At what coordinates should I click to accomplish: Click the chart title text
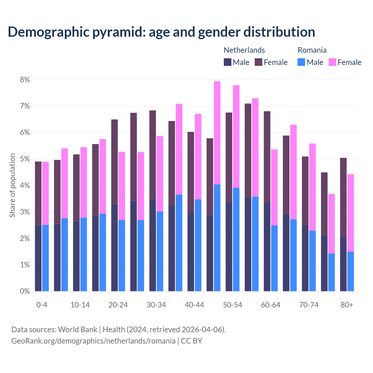161,32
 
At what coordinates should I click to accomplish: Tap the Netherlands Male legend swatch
228,62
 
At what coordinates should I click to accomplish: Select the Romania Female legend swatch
332,62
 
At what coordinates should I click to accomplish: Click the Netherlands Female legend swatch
258,62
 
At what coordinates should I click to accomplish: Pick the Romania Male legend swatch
301,62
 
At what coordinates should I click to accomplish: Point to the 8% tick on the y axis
25,80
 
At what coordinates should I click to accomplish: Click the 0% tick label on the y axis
25,291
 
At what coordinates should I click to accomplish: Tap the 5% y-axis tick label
25,159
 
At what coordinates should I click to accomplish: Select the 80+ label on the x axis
347,305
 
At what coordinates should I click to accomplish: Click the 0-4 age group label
42,305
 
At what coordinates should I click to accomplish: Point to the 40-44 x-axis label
194,305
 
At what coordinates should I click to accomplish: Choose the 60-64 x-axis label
271,305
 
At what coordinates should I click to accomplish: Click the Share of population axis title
12,185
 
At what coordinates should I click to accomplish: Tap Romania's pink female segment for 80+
351,213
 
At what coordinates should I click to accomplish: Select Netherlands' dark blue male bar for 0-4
38,258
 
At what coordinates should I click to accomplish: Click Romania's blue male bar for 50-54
236,239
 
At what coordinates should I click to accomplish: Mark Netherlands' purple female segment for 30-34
152,155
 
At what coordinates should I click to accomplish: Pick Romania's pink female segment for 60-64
274,187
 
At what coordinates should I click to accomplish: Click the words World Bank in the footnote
78,330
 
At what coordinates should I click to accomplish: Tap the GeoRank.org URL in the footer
93,341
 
